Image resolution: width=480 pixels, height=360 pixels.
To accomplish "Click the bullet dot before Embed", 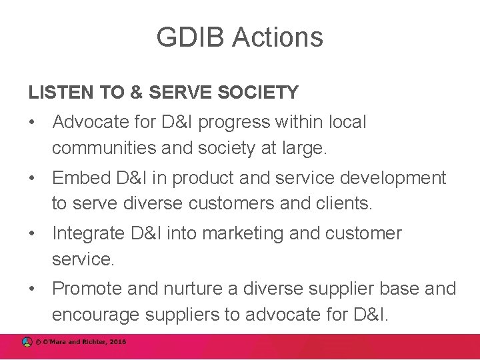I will tap(31, 179).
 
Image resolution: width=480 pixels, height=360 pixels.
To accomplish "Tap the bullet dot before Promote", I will tap(31, 289).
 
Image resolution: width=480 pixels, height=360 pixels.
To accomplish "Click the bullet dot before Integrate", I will tap(31, 234).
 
